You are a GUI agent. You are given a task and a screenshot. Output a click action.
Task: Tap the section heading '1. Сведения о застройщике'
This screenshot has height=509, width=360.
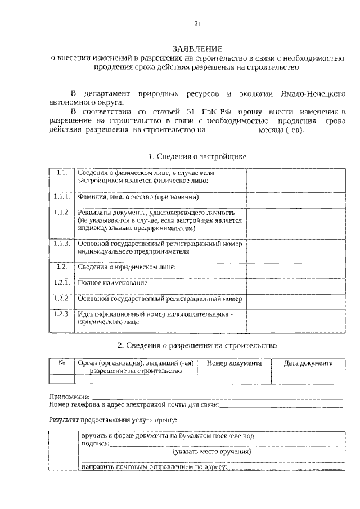click(x=197, y=156)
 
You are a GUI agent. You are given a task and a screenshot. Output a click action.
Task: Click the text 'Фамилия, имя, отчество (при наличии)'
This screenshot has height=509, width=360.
click(x=138, y=197)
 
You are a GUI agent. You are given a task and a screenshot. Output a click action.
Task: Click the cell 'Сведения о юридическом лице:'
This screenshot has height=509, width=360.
click(x=127, y=267)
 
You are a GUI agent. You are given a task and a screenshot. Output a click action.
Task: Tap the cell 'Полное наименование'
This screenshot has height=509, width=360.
click(x=113, y=282)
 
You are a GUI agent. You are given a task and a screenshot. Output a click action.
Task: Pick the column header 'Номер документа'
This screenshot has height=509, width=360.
click(x=234, y=364)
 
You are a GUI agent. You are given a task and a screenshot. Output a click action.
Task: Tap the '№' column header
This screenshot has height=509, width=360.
click(x=62, y=364)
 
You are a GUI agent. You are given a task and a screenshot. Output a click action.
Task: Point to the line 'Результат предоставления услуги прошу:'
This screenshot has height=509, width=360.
click(x=112, y=420)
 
